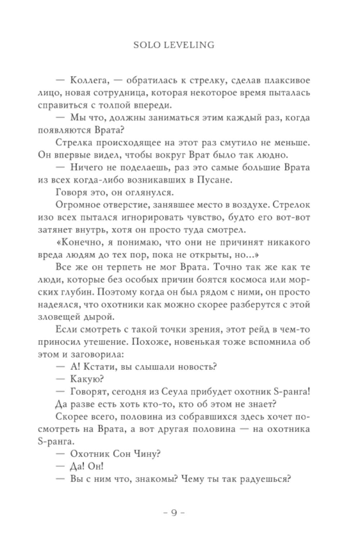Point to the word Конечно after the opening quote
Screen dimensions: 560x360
pos(80,242)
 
